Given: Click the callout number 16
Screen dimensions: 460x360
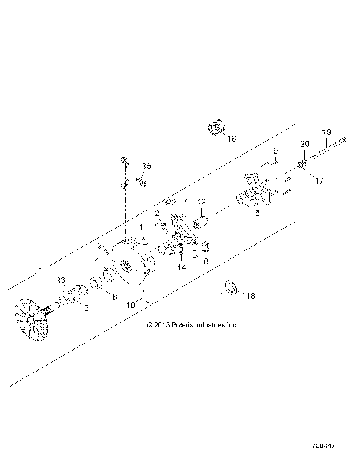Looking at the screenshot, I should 231,139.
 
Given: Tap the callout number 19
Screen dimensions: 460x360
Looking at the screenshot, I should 326,132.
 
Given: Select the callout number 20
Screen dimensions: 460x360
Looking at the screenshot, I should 304,144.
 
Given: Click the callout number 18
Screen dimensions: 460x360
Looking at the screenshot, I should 250,296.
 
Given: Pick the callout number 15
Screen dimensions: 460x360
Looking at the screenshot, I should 147,166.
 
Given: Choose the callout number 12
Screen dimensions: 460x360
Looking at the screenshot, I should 201,202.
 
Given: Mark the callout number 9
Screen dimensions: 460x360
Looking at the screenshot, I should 275,151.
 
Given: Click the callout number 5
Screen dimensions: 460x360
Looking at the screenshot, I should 257,213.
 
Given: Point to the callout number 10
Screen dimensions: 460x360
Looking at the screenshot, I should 130,304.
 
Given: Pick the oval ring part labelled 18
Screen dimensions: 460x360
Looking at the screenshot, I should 229,286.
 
